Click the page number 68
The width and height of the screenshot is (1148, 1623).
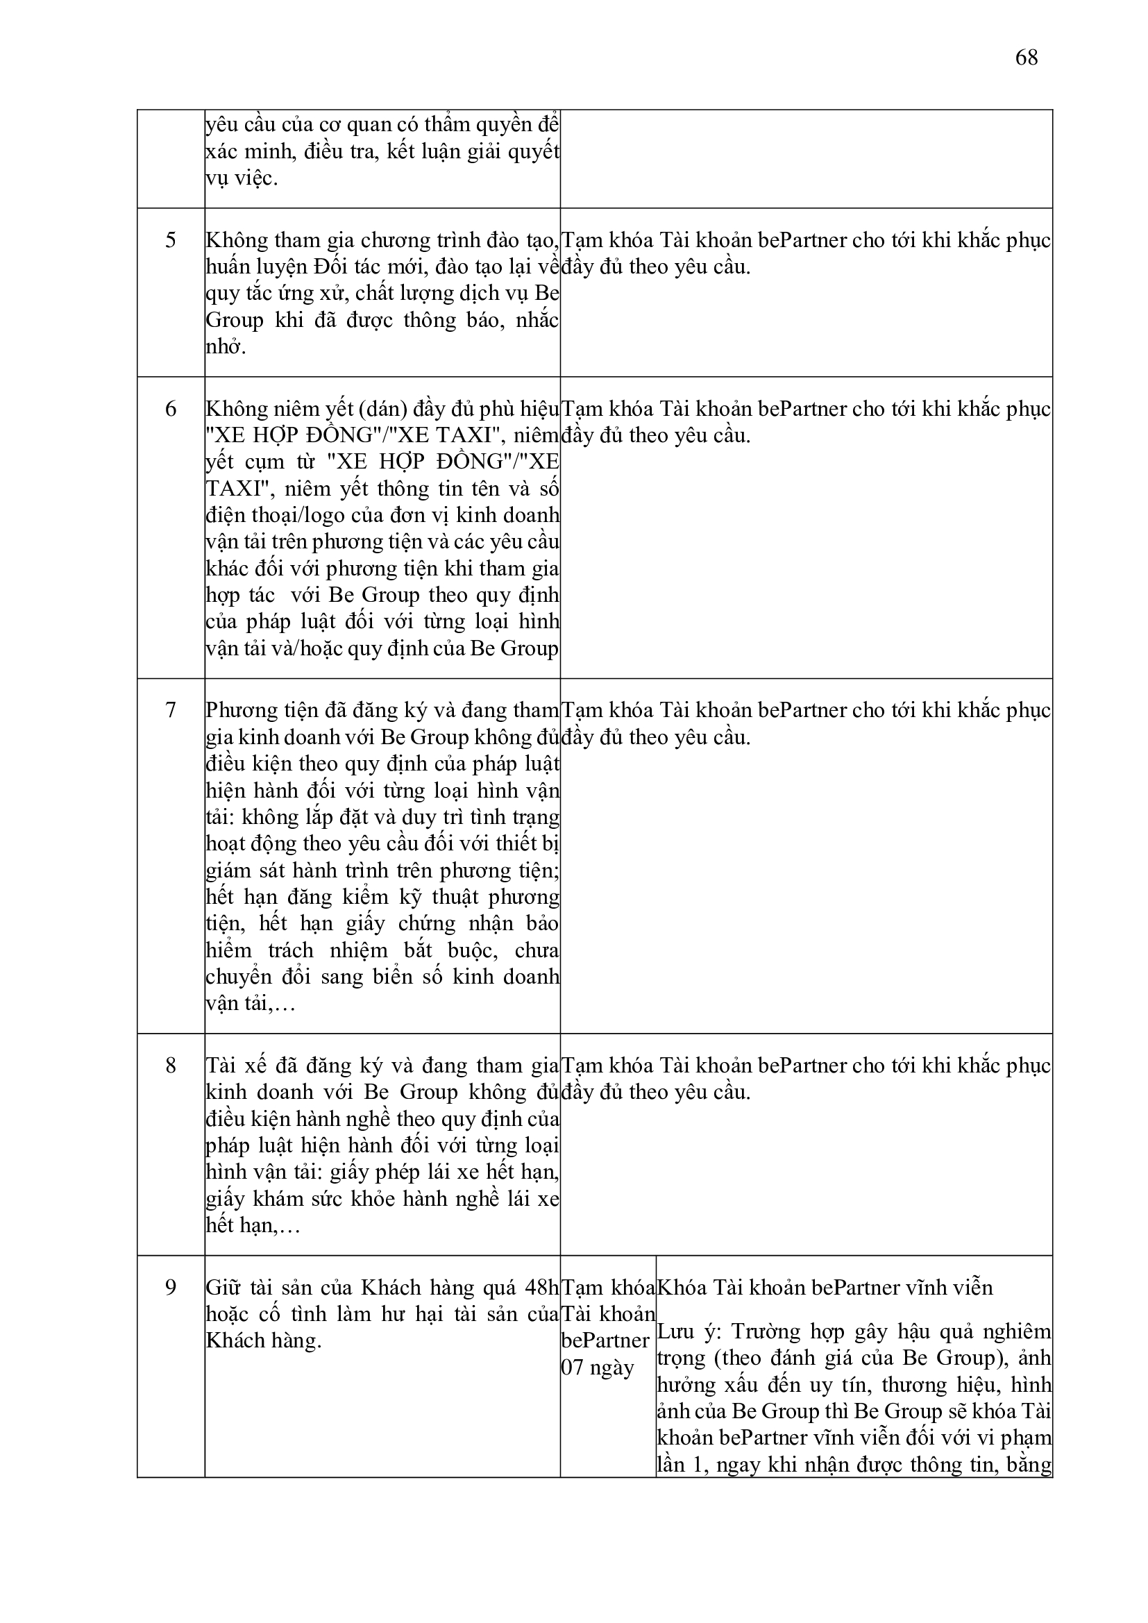(1027, 57)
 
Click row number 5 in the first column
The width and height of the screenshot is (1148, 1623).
(170, 240)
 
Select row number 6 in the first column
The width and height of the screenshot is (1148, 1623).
(170, 409)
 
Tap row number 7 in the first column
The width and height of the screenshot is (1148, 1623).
(170, 710)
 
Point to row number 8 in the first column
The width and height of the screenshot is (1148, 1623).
(170, 1066)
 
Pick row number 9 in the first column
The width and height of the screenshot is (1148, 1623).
(170, 1287)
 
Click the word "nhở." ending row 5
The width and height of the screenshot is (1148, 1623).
(226, 347)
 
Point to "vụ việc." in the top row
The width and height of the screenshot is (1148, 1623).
(242, 178)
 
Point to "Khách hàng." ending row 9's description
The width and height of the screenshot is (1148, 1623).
(264, 1340)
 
